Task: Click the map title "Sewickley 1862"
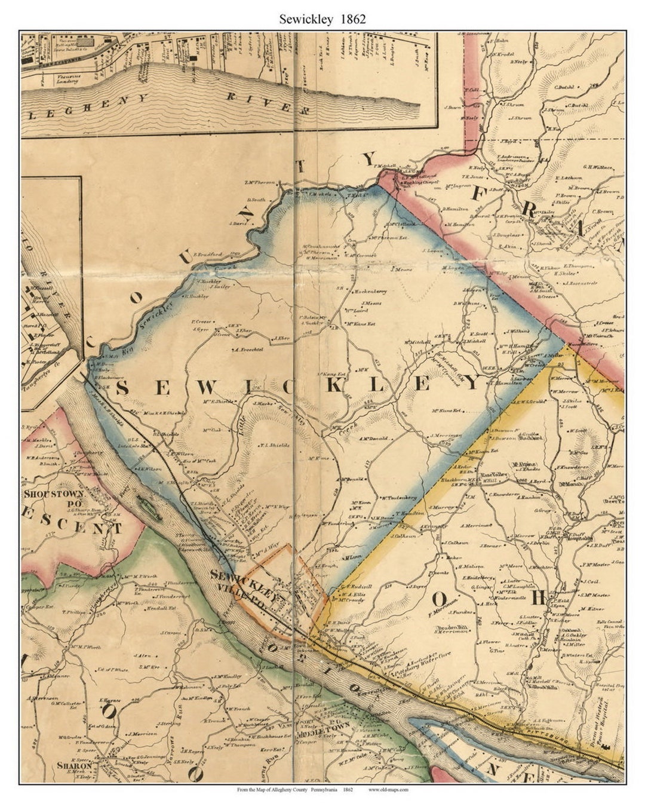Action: [x=322, y=19]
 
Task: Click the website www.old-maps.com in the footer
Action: [x=388, y=789]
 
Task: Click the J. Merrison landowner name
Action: [x=141, y=734]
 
